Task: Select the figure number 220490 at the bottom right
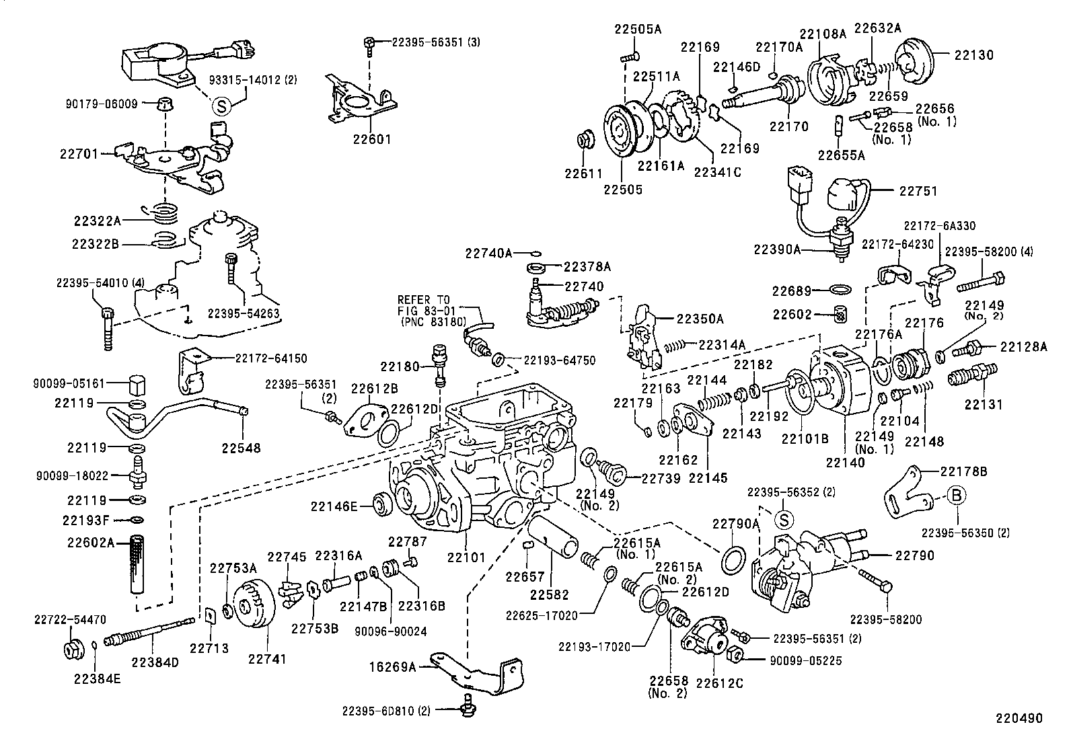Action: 1019,718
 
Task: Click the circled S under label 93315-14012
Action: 223,106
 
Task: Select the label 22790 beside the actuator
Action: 915,555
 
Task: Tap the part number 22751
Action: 918,191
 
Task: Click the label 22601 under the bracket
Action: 371,139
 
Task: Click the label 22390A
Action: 777,249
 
